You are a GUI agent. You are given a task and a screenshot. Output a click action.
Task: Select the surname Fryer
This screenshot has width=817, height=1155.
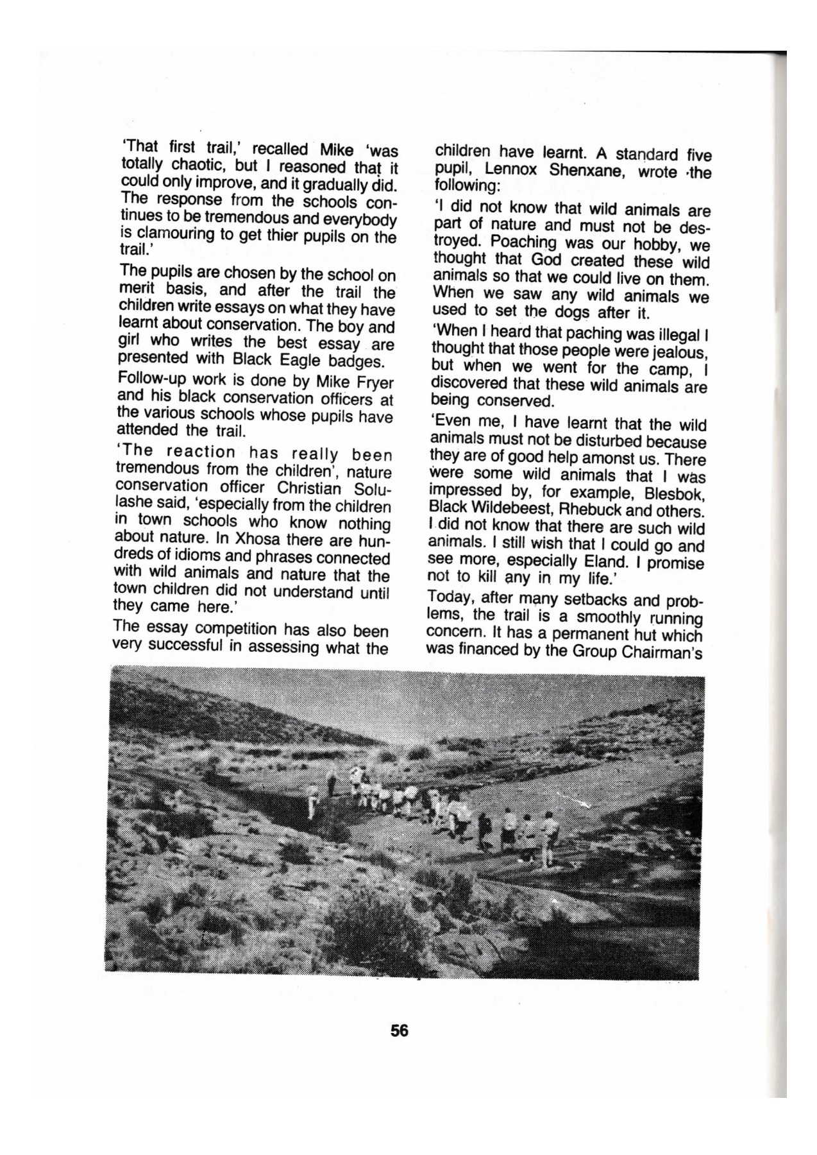[373, 383]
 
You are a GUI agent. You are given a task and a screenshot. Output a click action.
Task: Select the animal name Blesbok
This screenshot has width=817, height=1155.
[677, 495]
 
